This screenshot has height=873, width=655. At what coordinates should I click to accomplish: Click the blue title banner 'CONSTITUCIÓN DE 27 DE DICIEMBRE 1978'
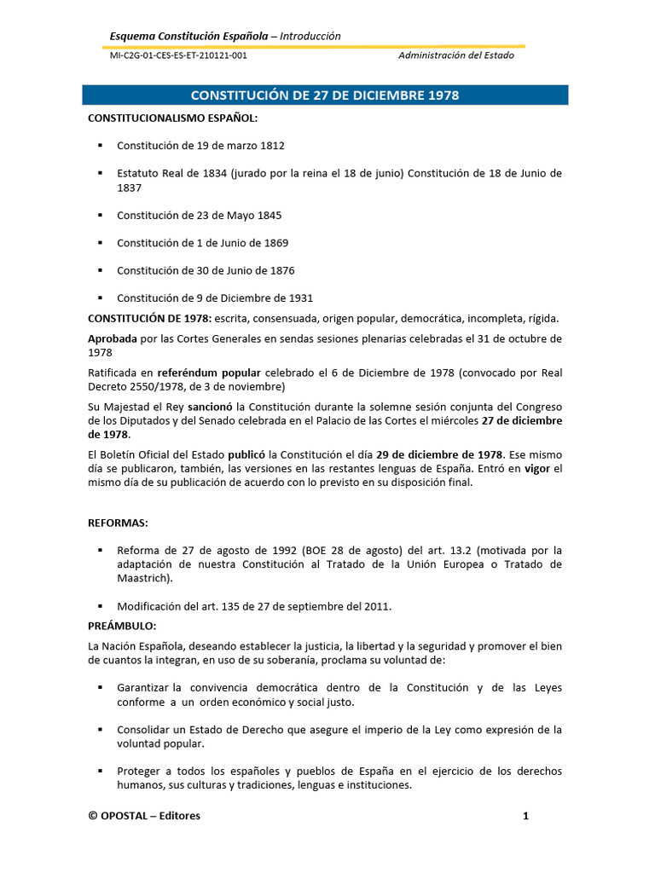(x=324, y=95)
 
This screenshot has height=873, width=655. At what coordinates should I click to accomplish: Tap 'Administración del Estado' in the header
(x=456, y=55)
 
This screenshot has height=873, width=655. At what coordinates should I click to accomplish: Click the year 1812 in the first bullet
(x=272, y=146)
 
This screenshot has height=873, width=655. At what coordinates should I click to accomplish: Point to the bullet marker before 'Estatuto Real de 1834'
(x=100, y=173)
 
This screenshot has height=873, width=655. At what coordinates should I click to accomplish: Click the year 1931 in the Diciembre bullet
(x=299, y=298)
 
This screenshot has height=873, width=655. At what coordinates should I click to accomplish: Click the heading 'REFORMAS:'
(x=119, y=521)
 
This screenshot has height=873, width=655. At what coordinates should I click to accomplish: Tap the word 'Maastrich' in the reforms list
(x=143, y=578)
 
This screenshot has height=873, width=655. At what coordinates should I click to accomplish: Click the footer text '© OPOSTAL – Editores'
(x=144, y=816)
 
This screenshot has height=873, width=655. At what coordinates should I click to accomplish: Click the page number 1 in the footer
(x=526, y=816)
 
